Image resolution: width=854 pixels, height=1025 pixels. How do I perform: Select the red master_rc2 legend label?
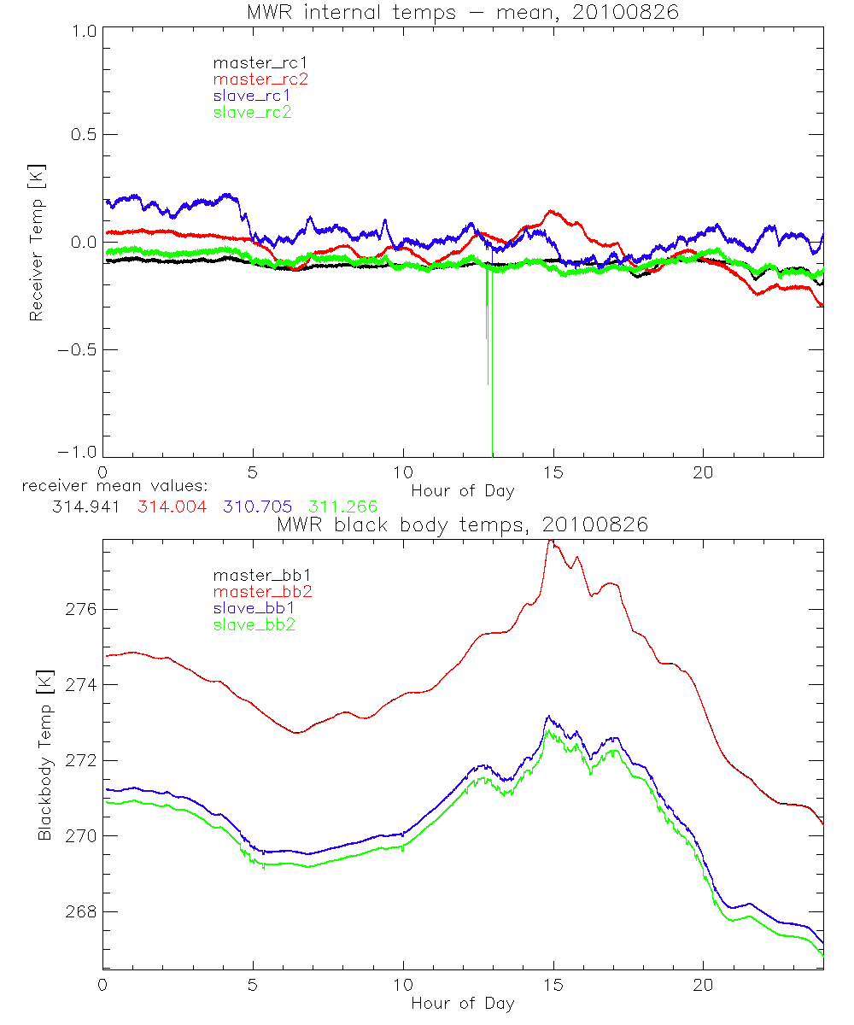(x=260, y=79)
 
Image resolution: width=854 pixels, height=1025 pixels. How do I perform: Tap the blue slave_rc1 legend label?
(x=252, y=95)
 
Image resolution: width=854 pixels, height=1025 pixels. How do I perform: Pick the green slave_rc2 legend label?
(x=252, y=111)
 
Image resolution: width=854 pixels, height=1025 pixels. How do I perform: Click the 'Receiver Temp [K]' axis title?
(x=36, y=243)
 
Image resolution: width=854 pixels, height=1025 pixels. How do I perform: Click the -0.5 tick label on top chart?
(x=78, y=350)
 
